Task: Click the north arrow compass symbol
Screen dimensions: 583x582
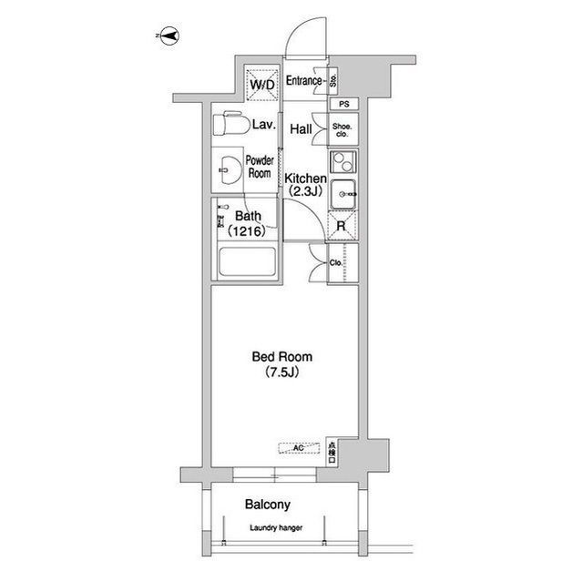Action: [x=170, y=36]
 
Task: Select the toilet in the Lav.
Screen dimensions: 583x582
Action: [x=230, y=123]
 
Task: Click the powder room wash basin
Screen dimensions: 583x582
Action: [x=230, y=170]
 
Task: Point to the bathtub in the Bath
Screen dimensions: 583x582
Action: [x=247, y=262]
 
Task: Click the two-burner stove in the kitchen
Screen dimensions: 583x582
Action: [x=343, y=162]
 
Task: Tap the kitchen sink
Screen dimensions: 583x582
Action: [x=343, y=194]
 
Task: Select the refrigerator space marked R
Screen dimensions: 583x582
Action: [x=342, y=226]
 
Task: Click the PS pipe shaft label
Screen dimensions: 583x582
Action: [x=344, y=105]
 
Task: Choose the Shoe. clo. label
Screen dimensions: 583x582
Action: [x=343, y=130]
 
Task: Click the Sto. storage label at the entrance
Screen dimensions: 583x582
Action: [x=333, y=81]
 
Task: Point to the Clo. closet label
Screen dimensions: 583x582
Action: [x=336, y=262]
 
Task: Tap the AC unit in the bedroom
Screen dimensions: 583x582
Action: [x=299, y=448]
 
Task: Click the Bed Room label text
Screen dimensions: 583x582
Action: [x=282, y=357]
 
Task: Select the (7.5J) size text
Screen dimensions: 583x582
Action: [x=282, y=372]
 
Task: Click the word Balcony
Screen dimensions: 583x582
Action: [x=268, y=505]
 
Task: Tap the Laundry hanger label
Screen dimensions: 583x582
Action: [x=276, y=527]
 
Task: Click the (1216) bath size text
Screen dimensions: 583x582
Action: [x=247, y=231]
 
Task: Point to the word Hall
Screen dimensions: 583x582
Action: [x=301, y=129]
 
